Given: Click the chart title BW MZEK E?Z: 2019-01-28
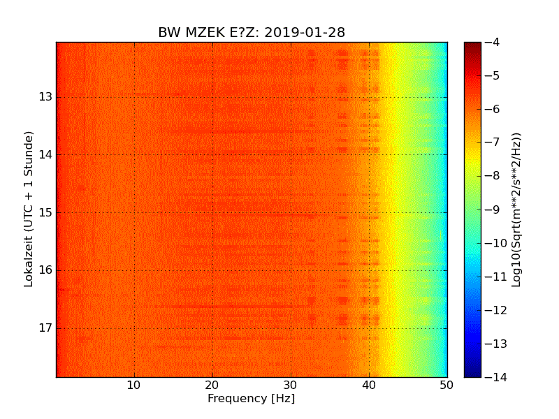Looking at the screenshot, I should pos(251,33).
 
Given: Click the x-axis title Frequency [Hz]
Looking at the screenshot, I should pos(251,399).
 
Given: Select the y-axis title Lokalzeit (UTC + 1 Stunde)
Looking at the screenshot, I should pos(29,209).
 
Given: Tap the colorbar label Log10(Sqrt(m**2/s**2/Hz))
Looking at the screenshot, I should pos(517,209).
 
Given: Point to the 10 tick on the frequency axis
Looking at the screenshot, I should pos(134,384).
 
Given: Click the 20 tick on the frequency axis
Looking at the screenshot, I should pos(212,384).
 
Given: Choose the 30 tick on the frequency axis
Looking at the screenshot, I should pos(291,384).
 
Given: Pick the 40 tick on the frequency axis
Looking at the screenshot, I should pos(369,384).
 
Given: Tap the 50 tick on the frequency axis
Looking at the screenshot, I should pos(447,384).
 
